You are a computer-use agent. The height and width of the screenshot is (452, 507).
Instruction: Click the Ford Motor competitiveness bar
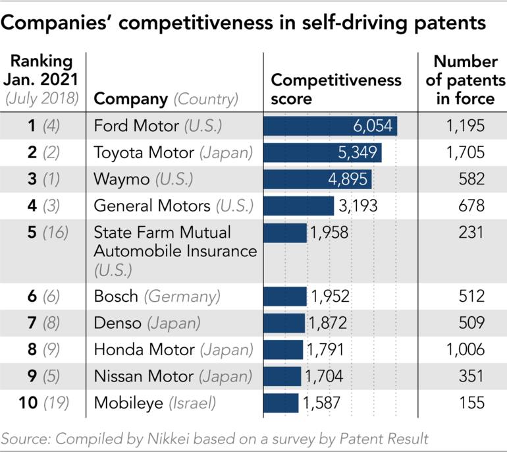tap(329, 125)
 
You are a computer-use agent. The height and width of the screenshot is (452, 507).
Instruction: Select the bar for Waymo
tap(317, 179)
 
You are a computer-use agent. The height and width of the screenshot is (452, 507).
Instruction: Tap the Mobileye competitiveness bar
tap(280, 403)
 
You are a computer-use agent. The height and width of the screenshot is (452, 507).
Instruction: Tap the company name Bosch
tap(116, 296)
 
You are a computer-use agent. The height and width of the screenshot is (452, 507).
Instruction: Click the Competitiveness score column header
tap(336, 90)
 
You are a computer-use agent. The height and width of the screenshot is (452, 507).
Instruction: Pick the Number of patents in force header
tap(465, 80)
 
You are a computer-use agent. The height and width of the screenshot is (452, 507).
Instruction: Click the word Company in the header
tap(131, 99)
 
